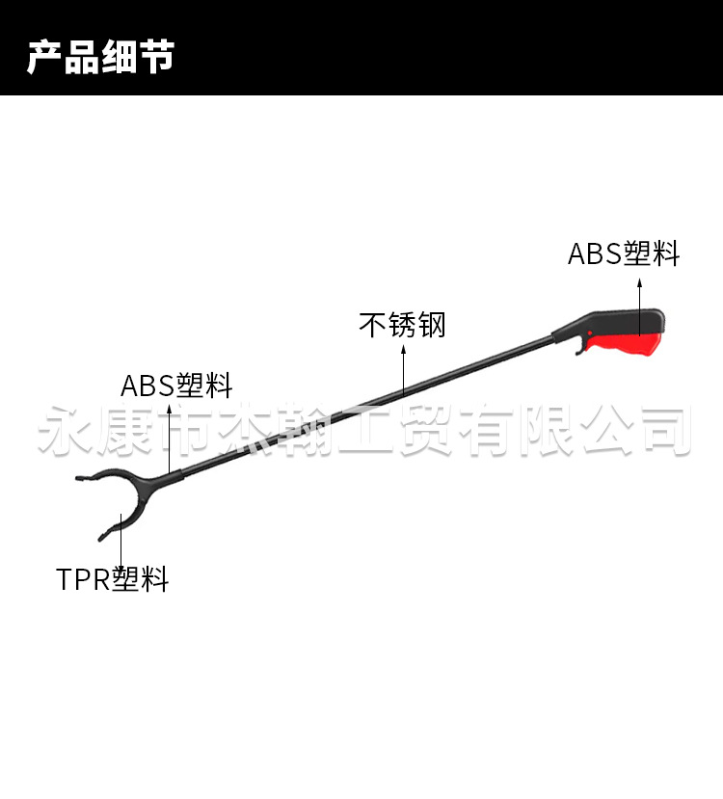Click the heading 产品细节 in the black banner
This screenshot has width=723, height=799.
(x=100, y=57)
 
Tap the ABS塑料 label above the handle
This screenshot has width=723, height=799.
(x=624, y=253)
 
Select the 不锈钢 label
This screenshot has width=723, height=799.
(x=403, y=325)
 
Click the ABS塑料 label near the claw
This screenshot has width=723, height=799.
(x=176, y=386)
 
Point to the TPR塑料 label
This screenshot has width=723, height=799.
(x=112, y=579)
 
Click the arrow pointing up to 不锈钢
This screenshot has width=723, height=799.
(x=403, y=371)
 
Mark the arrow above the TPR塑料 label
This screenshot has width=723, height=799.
(x=120, y=540)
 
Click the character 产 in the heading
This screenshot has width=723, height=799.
(x=44, y=57)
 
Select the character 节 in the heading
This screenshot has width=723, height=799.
(x=157, y=57)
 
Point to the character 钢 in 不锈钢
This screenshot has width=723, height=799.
(x=432, y=325)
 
